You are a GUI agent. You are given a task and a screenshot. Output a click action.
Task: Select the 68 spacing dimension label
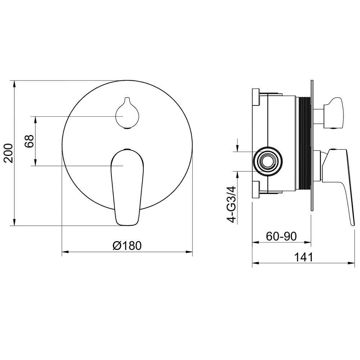pos(30,141)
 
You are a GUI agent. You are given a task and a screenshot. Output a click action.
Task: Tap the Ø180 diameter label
pos(127,246)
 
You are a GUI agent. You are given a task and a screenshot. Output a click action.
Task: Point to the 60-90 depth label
pos(281,236)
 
